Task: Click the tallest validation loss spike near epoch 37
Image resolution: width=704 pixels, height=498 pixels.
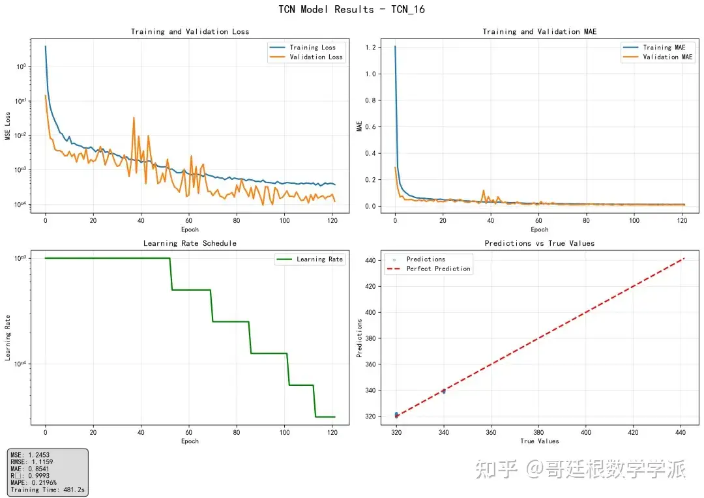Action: point(134,118)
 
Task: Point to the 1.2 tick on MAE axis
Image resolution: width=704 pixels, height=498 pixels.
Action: point(370,47)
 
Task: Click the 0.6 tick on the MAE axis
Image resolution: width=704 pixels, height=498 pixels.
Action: point(370,126)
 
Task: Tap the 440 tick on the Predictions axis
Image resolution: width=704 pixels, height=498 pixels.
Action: point(370,260)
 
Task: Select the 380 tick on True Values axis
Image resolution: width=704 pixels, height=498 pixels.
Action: point(538,432)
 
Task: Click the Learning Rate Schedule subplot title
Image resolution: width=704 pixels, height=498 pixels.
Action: point(190,243)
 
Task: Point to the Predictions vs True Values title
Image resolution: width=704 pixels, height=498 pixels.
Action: point(539,243)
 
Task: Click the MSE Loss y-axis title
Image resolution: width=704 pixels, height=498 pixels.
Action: point(8,126)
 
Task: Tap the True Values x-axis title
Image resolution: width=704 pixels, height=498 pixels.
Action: point(540,441)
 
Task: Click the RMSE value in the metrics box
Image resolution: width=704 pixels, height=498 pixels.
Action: point(42,461)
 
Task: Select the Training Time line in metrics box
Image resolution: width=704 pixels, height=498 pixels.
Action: point(48,490)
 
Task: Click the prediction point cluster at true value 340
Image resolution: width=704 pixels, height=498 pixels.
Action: point(444,391)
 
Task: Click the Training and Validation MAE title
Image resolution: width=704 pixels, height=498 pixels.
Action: point(539,31)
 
